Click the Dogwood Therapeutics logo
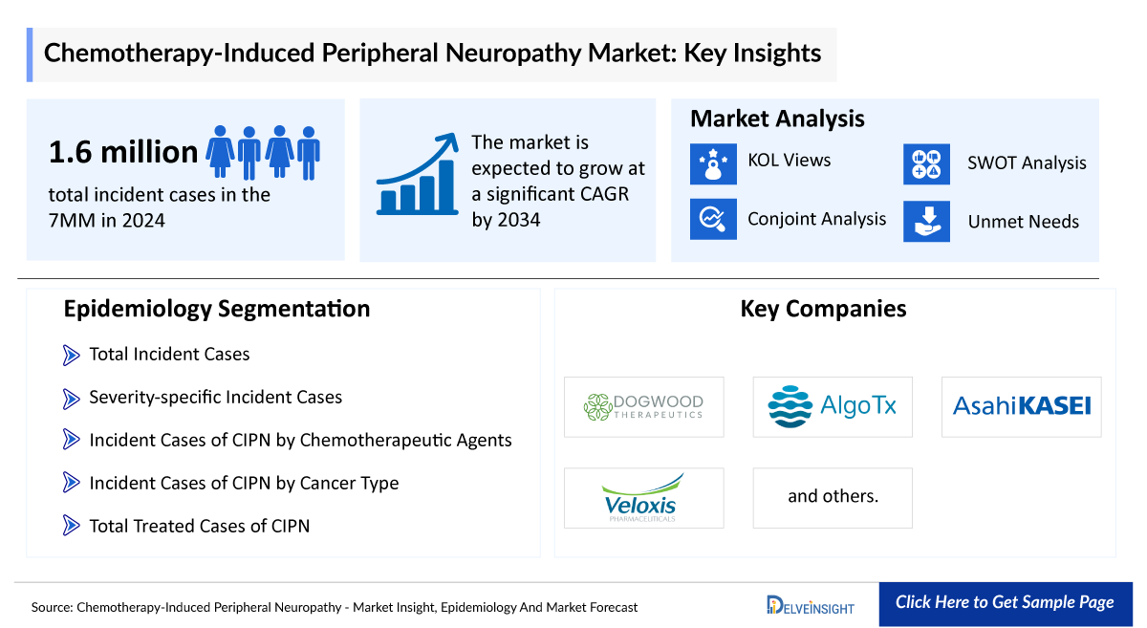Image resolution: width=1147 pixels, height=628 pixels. point(643,407)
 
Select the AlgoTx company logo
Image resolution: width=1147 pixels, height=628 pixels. point(833,407)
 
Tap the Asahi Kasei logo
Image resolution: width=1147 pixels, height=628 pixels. point(1021,406)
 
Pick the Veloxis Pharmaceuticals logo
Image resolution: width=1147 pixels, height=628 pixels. point(643,498)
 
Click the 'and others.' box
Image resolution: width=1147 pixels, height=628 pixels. point(833,497)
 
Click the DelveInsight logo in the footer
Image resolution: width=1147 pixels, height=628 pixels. point(811,604)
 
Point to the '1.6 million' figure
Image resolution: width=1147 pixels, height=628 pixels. point(123,151)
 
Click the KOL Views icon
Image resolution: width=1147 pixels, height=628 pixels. point(713,163)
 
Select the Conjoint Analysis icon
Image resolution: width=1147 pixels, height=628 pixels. point(713,219)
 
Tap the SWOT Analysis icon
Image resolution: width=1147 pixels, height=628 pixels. point(926,163)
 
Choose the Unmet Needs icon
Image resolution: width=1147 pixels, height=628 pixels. point(926,221)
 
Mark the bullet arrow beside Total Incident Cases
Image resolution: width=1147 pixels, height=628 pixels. point(71,355)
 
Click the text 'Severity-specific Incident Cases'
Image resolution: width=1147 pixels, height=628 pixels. point(215,397)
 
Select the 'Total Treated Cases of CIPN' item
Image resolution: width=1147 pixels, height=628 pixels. point(199,525)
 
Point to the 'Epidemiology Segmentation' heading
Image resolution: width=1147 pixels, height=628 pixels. point(216,309)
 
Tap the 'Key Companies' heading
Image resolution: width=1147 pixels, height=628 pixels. point(823,309)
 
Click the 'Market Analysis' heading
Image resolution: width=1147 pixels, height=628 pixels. point(777,119)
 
